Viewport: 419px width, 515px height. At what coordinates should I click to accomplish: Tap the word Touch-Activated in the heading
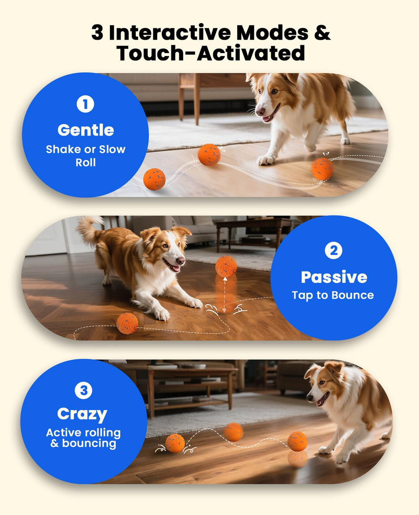[210, 53]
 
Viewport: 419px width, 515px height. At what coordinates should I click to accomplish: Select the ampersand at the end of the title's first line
[322, 33]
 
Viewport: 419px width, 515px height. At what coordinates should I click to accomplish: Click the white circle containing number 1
[85, 104]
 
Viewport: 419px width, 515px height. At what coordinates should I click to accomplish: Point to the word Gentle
[85, 130]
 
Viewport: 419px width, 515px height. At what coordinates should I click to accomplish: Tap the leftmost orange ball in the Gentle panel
[154, 179]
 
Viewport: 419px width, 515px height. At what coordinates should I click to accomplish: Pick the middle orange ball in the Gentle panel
[209, 155]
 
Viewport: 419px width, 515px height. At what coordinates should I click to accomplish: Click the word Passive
[334, 277]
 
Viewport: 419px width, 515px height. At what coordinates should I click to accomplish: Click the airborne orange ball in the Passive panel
[226, 266]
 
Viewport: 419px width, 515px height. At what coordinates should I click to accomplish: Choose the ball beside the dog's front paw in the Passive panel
[127, 323]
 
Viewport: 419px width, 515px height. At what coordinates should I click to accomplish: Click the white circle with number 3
[83, 391]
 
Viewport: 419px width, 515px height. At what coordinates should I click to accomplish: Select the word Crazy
[82, 414]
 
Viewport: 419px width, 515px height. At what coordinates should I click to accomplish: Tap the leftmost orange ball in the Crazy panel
[175, 443]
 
